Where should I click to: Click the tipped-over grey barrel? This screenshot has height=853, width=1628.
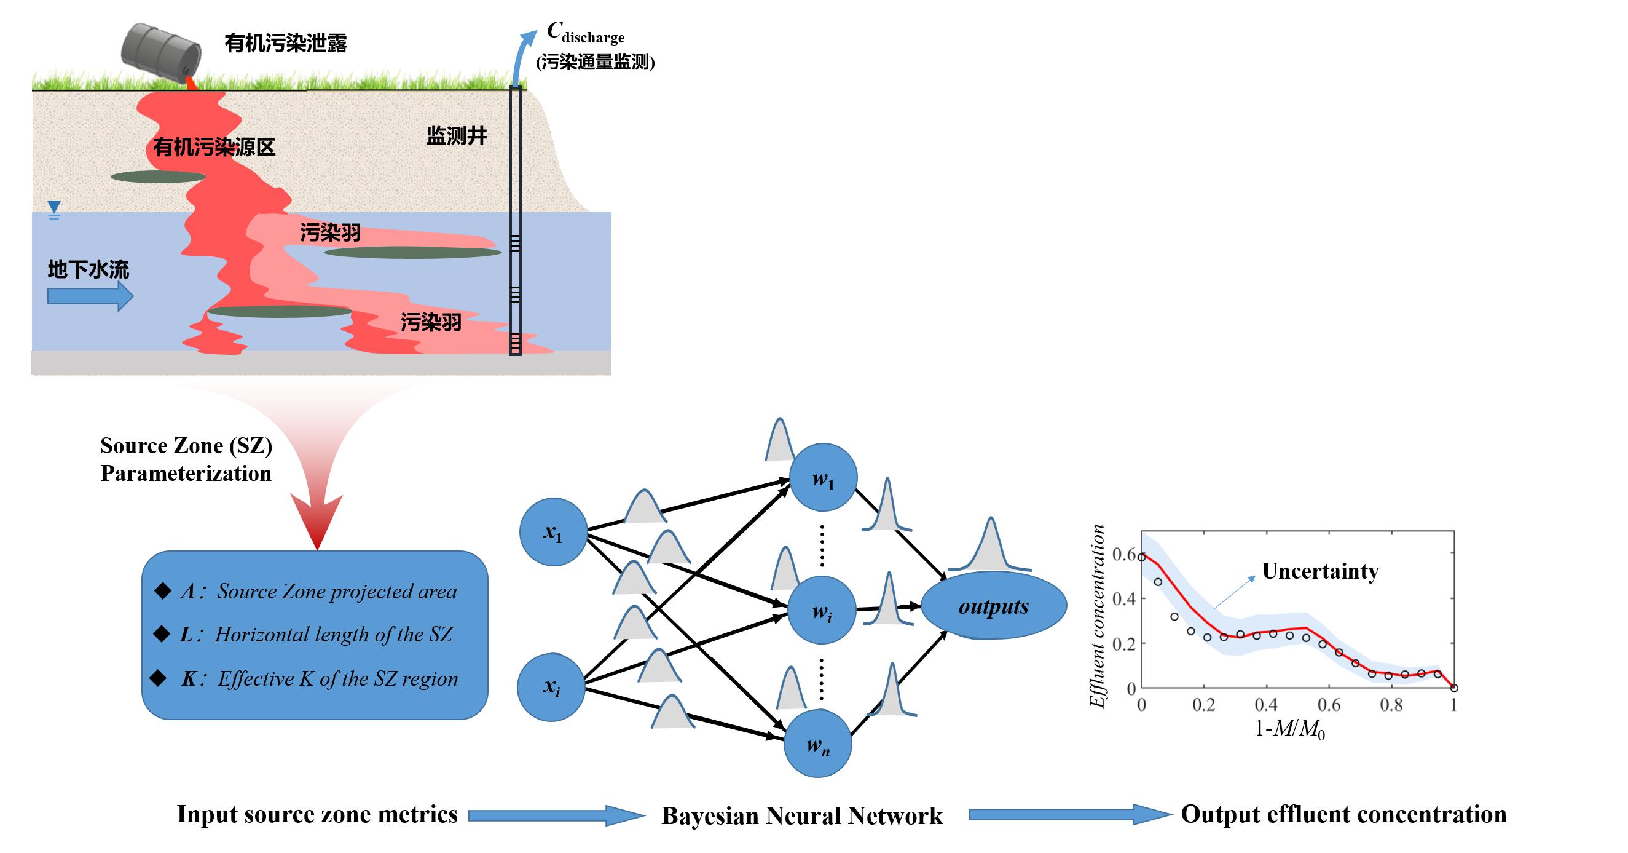coord(162,50)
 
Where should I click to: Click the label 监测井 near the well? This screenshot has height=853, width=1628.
coord(456,136)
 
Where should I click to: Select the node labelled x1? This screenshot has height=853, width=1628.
coord(553,532)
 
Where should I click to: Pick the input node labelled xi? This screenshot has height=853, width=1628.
coord(551,688)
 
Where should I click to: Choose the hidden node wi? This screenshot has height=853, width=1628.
coord(822,611)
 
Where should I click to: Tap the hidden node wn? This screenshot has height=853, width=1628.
coord(818,744)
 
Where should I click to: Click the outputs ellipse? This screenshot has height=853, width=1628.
coord(994,606)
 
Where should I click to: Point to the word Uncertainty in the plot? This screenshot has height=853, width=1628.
coord(1319,571)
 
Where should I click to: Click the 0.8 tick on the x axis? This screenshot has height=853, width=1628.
coord(1391,705)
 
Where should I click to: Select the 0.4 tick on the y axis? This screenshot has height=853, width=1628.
coord(1123,598)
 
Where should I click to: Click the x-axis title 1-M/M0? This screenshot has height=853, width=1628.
coord(1289,729)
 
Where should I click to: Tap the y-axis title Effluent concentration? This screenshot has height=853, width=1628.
coord(1098,616)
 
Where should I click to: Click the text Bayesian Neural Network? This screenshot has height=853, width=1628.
coord(801,815)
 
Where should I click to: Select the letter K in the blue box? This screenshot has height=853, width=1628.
coord(189,678)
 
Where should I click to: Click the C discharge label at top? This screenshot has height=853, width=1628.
coord(585,33)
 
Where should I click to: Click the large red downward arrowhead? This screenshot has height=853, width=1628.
coord(317,520)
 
